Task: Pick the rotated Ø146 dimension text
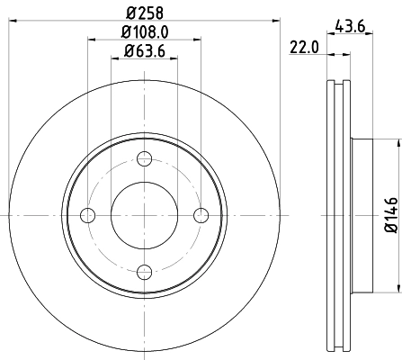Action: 389,215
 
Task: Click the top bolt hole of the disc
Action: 144,159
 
